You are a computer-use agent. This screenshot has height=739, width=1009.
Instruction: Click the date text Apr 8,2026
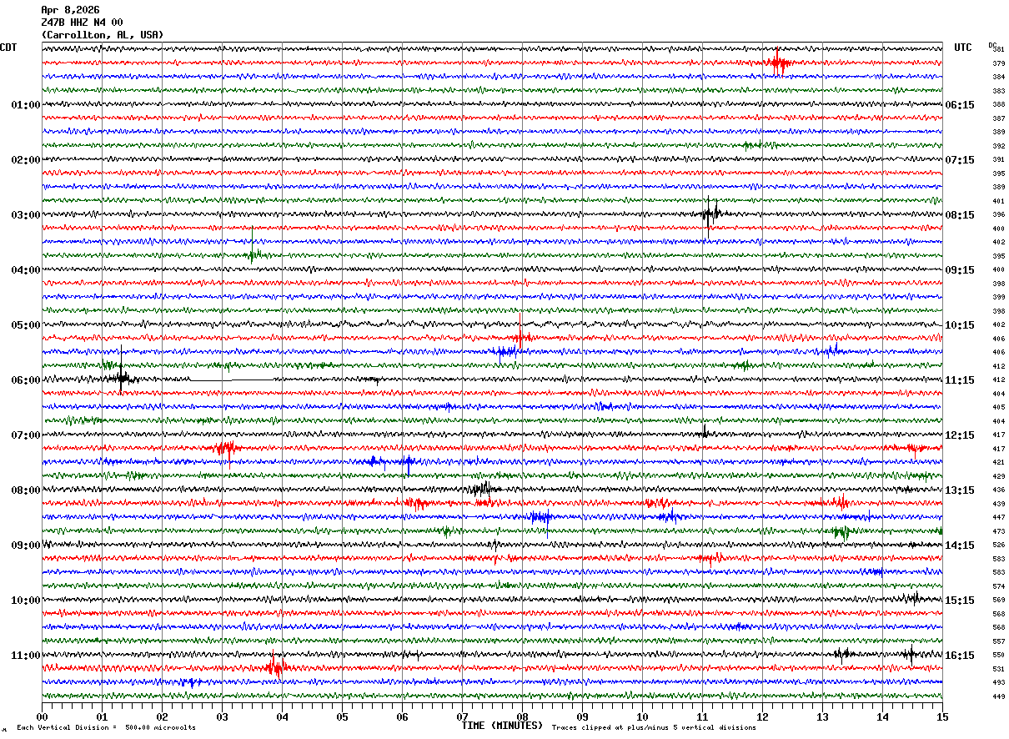click(x=70, y=10)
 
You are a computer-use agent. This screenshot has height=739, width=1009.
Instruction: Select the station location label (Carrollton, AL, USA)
click(x=102, y=35)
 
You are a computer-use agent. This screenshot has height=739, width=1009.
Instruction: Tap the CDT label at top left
click(x=8, y=48)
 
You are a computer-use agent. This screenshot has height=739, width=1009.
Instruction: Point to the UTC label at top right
click(x=963, y=48)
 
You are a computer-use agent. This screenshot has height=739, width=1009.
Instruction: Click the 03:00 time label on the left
click(x=25, y=215)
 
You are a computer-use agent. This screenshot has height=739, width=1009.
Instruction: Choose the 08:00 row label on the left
click(x=25, y=490)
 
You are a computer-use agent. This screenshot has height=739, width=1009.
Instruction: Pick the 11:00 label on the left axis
click(x=25, y=656)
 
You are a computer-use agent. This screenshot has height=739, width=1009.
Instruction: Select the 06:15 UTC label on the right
click(x=959, y=105)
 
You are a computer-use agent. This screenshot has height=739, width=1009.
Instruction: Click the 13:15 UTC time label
click(x=959, y=490)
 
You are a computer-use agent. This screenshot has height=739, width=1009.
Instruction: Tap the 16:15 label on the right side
click(x=959, y=656)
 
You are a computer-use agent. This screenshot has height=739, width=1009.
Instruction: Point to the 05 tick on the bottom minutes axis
click(x=342, y=716)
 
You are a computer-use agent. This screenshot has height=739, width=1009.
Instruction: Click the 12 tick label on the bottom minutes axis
click(x=762, y=716)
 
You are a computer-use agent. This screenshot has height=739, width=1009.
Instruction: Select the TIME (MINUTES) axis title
click(x=502, y=726)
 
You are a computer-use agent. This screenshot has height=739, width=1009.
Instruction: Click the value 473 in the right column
click(x=998, y=531)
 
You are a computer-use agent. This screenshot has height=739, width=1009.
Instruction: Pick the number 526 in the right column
click(x=998, y=545)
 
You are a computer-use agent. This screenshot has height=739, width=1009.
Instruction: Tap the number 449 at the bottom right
click(x=998, y=696)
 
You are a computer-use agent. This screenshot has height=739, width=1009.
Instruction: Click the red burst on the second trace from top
click(x=777, y=63)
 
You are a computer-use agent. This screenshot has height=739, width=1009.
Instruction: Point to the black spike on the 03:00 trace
click(x=709, y=214)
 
